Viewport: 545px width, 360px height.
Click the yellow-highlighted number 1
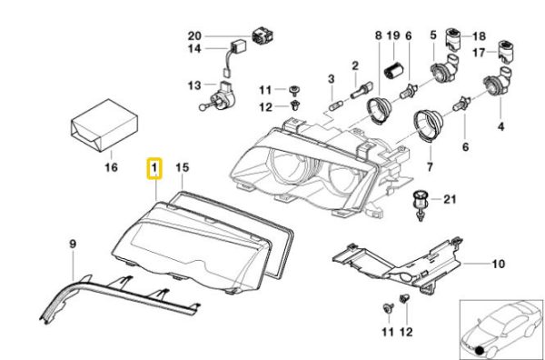pyautogui.click(x=154, y=168)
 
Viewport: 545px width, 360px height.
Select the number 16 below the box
pyautogui.click(x=112, y=167)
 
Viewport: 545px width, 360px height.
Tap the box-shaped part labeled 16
pyautogui.click(x=104, y=125)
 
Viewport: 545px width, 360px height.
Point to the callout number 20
pyautogui.click(x=194, y=35)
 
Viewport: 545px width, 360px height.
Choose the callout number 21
pyautogui.click(x=449, y=199)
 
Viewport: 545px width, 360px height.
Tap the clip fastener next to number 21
pyautogui.click(x=421, y=205)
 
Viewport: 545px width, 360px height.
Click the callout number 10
pyautogui.click(x=498, y=264)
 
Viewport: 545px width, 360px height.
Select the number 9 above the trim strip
pyautogui.click(x=73, y=244)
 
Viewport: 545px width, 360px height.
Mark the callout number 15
pyautogui.click(x=183, y=167)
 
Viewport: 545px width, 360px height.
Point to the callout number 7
pyautogui.click(x=430, y=167)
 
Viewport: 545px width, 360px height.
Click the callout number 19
pyautogui.click(x=393, y=35)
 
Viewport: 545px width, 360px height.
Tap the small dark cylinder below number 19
pyautogui.click(x=392, y=70)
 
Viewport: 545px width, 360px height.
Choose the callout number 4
pyautogui.click(x=500, y=126)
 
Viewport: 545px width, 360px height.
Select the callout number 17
pyautogui.click(x=479, y=53)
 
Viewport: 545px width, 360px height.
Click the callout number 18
pyautogui.click(x=479, y=36)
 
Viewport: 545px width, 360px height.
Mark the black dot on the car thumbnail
pyautogui.click(x=481, y=351)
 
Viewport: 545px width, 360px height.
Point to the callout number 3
pyautogui.click(x=332, y=79)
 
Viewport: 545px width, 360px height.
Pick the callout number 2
pyautogui.click(x=355, y=65)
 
